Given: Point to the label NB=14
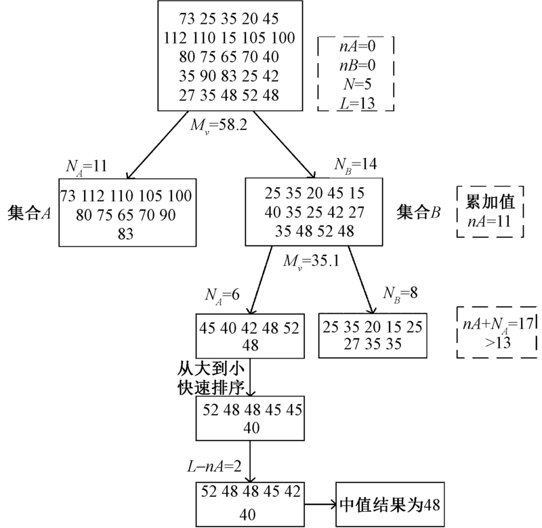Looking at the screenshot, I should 354,164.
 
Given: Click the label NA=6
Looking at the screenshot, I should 222,296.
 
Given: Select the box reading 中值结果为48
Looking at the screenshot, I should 389,505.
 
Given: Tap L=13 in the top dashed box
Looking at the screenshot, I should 356,103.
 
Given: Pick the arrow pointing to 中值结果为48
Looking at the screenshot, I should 319,504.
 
